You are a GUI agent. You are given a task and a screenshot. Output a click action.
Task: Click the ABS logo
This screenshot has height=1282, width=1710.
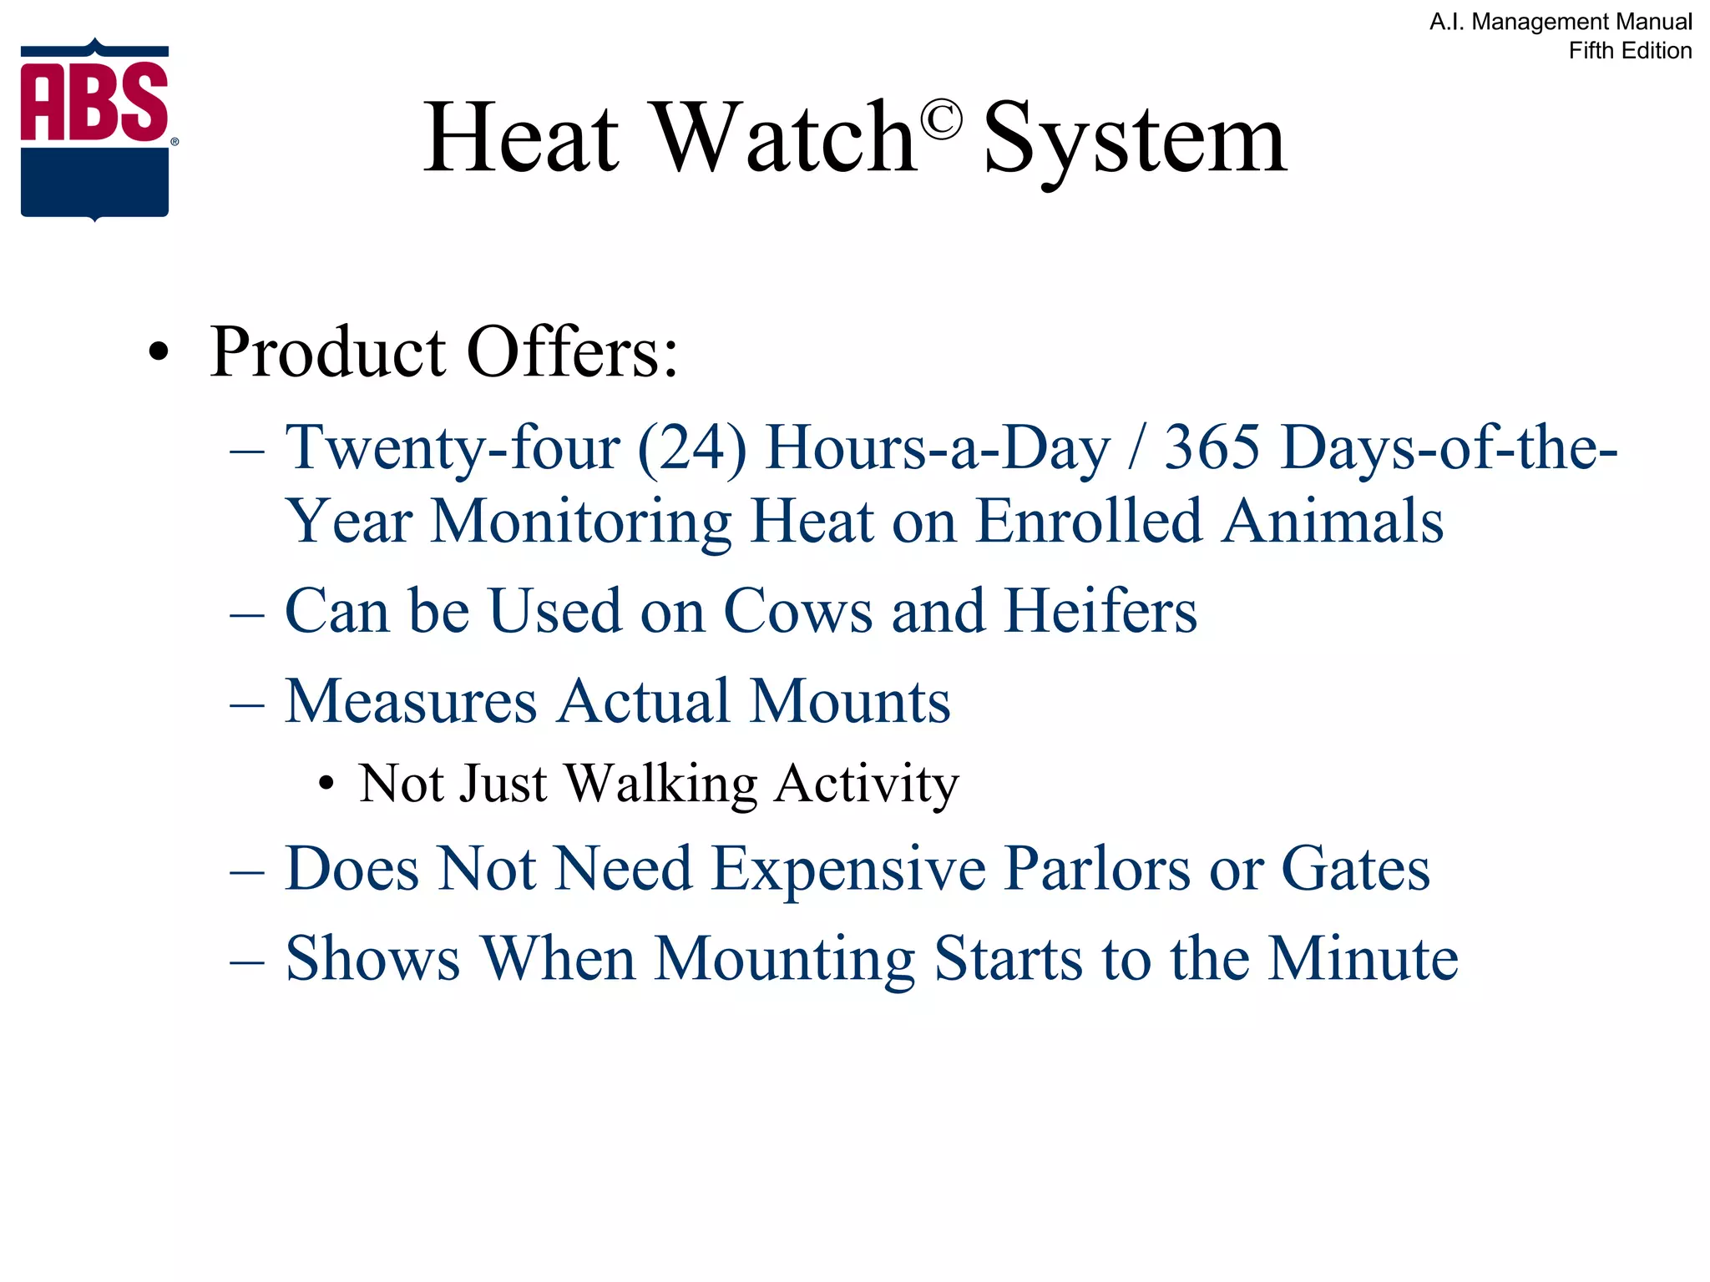[95, 129]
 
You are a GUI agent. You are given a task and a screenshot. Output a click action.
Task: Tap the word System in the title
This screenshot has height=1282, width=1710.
[1136, 140]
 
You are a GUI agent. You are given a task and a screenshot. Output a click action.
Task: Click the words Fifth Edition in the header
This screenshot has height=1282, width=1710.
[1630, 51]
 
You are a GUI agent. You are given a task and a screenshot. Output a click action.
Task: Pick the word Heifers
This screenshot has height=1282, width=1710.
[1100, 610]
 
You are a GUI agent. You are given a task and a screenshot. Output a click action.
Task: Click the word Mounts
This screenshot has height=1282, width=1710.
[850, 700]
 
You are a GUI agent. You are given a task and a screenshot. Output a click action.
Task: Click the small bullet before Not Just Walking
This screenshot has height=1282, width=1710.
[326, 785]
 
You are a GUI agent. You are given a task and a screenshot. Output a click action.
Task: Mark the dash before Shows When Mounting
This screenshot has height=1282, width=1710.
[247, 961]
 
